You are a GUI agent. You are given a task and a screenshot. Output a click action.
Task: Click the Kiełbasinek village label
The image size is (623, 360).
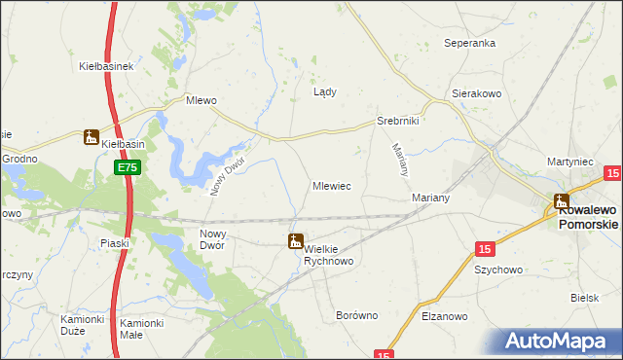[x=105, y=67]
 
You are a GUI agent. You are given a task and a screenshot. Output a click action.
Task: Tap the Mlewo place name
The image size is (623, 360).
[x=201, y=100]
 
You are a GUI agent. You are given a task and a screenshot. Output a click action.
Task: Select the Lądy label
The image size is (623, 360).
[x=325, y=93]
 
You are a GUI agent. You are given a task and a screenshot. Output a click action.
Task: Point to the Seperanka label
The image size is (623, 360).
[x=470, y=44]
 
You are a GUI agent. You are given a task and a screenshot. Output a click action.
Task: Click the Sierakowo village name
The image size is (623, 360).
[x=475, y=94]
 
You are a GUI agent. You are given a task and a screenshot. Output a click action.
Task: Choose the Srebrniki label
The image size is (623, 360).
[x=397, y=122]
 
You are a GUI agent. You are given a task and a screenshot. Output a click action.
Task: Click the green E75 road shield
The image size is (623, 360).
[x=128, y=168]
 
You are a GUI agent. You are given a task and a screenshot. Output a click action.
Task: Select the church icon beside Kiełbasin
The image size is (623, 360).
[x=92, y=138]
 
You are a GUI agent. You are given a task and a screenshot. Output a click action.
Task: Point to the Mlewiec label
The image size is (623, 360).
[x=332, y=185]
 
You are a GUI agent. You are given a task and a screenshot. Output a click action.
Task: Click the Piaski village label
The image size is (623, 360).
[x=115, y=243]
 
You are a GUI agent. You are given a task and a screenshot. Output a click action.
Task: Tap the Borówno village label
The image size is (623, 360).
[x=356, y=316]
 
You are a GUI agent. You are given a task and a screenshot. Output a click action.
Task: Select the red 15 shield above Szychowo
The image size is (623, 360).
[x=484, y=249]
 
